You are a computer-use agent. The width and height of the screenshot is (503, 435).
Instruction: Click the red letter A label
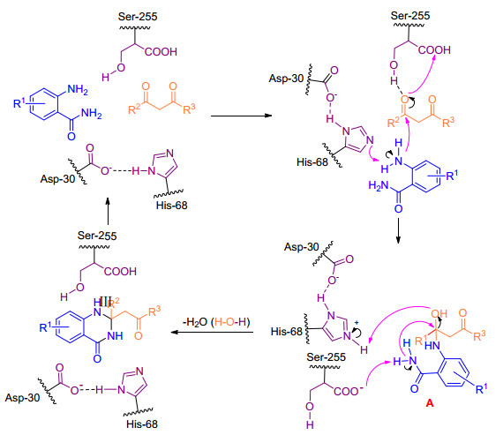coord(430,402)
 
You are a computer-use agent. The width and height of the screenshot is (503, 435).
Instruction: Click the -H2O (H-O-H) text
coord(216,322)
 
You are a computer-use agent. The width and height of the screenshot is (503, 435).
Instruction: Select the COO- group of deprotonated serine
coord(349,391)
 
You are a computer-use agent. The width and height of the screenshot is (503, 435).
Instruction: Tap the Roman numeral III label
coord(105,302)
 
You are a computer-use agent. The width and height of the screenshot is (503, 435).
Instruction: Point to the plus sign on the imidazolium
coord(357,323)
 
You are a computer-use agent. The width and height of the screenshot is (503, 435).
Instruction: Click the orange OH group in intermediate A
coord(439,314)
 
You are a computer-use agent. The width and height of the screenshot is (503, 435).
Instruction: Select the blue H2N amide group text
coord(379,185)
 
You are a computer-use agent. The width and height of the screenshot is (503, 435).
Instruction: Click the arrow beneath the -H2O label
coord(212,332)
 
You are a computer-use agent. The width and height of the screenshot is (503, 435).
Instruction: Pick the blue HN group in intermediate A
coord(432,346)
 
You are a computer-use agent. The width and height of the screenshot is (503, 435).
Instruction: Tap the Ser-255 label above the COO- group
coord(326,357)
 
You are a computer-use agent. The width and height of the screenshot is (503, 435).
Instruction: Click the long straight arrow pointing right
coord(241,116)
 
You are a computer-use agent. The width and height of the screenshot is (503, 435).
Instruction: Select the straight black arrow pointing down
coord(398,230)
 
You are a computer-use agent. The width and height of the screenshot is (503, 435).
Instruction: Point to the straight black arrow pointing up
coord(108,211)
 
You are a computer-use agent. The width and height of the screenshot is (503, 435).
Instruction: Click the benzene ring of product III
coord(70,327)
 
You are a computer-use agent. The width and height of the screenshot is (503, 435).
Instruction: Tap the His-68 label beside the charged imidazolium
coord(287,331)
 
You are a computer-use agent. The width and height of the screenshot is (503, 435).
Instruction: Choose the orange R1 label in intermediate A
coord(420,340)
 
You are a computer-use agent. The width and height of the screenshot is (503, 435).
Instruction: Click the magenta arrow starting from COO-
coord(377,369)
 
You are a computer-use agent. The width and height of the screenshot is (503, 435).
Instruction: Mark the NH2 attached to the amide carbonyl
coord(92,113)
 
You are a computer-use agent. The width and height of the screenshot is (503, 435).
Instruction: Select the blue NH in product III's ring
coord(115,336)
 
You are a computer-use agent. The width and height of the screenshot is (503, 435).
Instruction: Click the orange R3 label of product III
coord(154,311)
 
